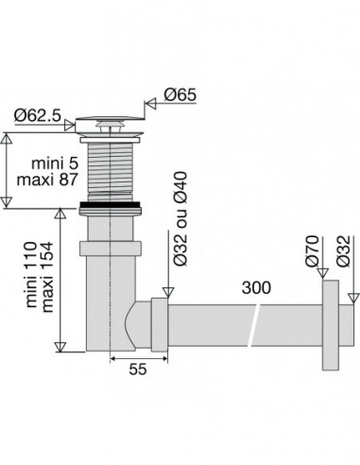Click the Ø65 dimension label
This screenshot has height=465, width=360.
tap(180, 95)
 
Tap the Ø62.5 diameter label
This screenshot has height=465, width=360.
tap(38, 115)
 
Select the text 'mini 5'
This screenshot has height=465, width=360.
tap(55, 164)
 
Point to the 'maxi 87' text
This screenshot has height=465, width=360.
tap(47, 181)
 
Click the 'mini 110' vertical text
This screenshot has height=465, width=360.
tap(31, 274)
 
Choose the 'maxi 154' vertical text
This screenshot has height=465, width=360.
tap(47, 277)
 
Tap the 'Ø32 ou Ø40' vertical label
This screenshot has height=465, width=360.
tap(180, 218)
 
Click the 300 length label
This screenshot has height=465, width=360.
tap(256, 287)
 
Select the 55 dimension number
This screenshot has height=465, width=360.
tap(138, 369)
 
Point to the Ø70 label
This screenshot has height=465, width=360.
tap(313, 251)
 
